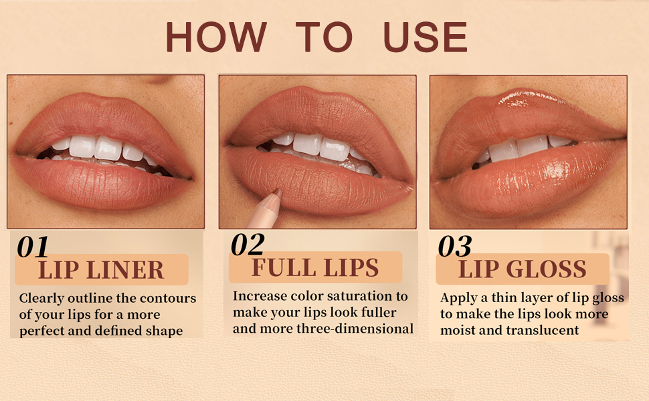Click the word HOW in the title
(215, 37)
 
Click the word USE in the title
(425, 37)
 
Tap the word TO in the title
(324, 37)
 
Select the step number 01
(33, 247)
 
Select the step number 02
(248, 245)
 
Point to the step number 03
(455, 247)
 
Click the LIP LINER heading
(101, 270)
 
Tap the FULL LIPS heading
(315, 267)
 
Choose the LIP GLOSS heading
(522, 269)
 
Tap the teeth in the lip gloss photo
(522, 148)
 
